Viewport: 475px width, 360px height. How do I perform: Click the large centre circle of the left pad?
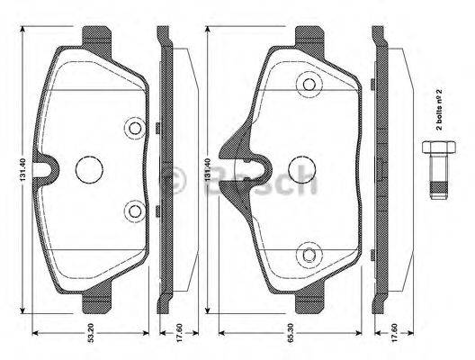89,168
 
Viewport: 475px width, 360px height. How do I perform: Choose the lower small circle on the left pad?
135,211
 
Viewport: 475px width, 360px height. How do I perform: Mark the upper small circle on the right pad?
311,85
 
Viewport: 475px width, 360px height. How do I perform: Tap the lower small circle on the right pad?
311,255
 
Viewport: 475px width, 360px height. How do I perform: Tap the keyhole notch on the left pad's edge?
42,167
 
